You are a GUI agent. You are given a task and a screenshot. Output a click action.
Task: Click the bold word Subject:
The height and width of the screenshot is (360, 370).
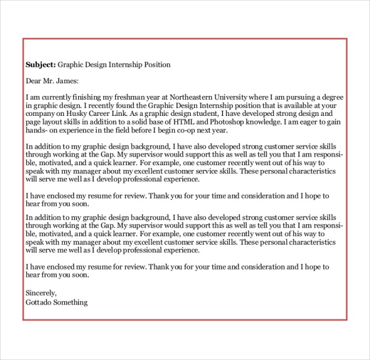[x=41, y=64]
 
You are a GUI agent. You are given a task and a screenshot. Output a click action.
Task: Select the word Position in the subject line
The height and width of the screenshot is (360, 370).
[x=155, y=64]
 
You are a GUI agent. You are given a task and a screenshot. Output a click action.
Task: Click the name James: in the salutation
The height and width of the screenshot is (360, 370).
[x=67, y=81]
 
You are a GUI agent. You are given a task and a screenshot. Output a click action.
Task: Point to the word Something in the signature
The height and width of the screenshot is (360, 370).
[x=72, y=302]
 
